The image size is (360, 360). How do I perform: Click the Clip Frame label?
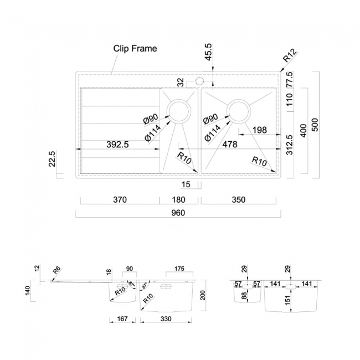135,48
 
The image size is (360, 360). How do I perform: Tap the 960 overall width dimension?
177,213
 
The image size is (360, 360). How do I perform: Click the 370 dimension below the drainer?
120,199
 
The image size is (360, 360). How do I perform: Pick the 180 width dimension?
179,199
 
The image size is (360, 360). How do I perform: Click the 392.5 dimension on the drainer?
117,145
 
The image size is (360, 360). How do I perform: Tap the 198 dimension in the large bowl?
259,130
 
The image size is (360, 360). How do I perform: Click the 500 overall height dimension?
315,125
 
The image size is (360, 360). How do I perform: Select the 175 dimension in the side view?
178,270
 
